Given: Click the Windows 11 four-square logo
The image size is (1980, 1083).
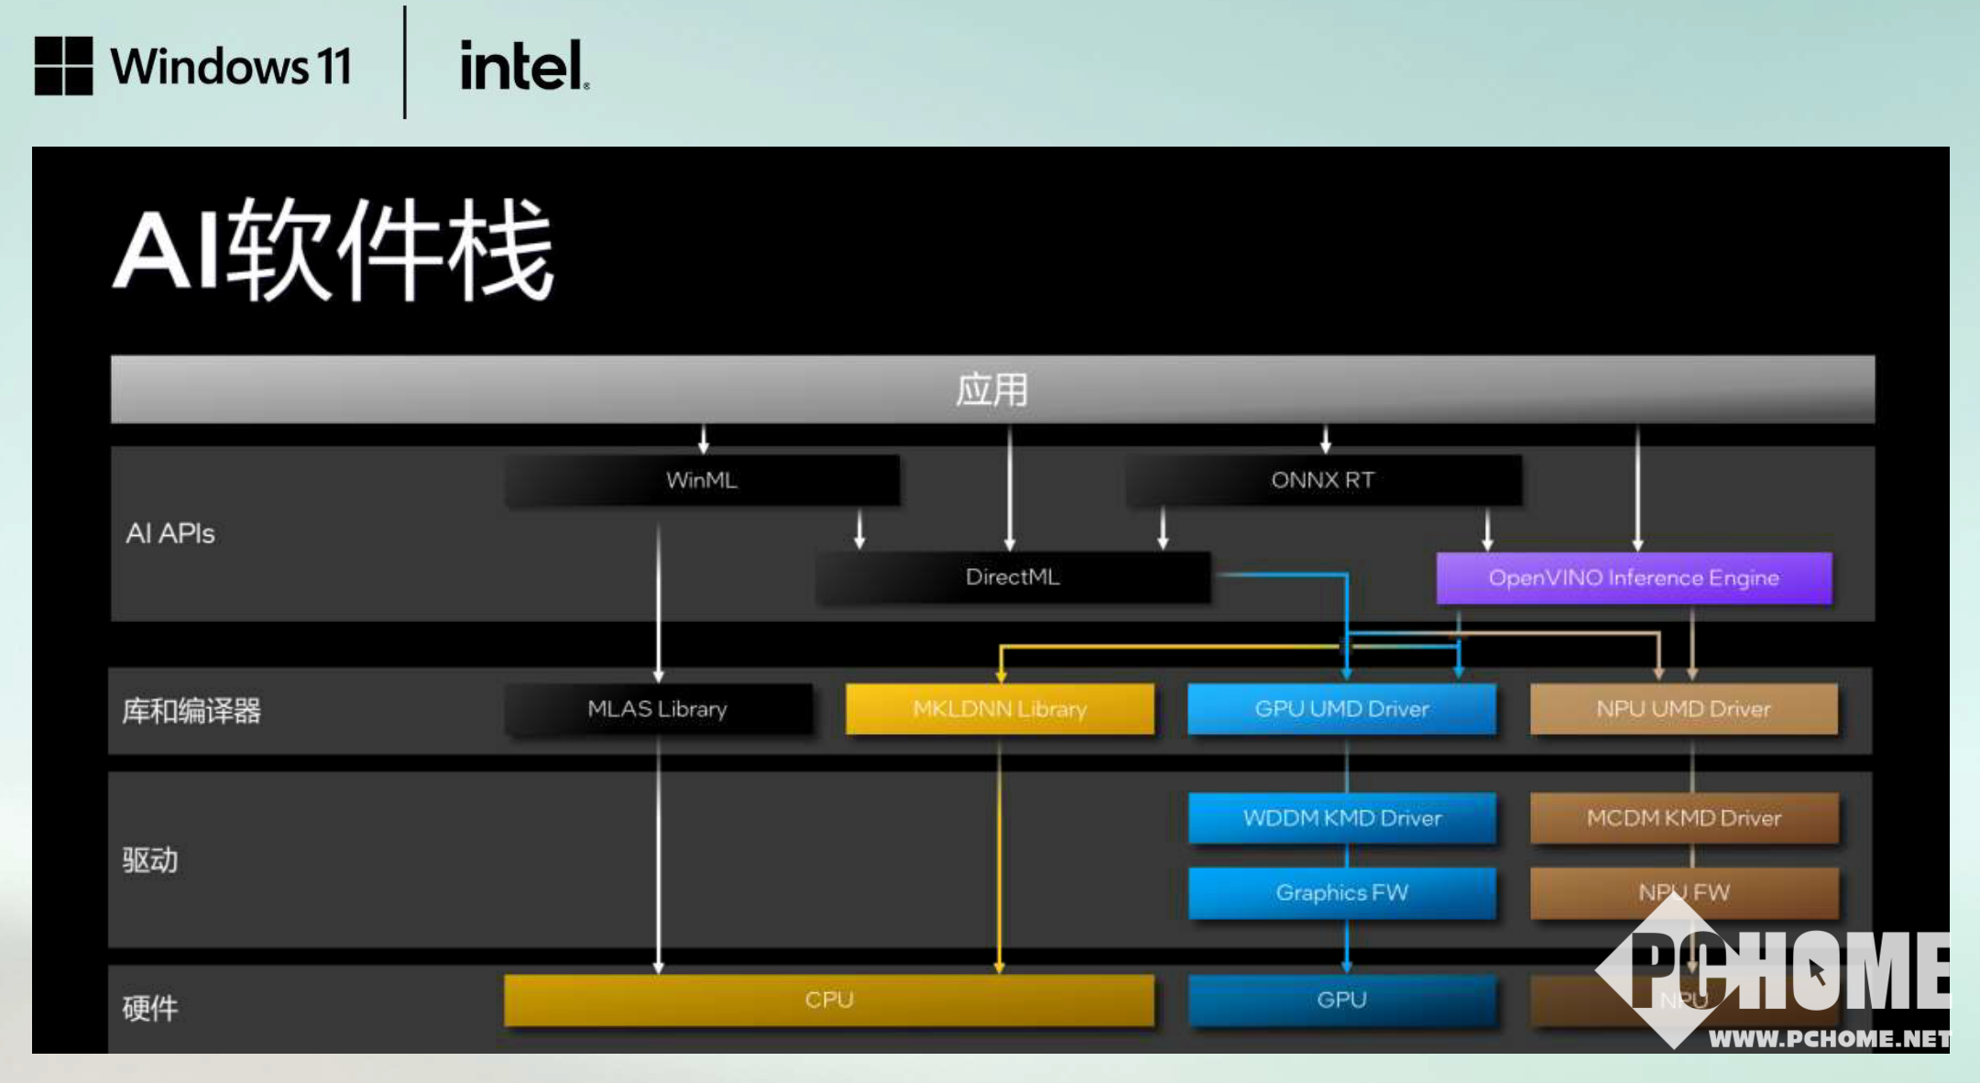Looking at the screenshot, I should tap(63, 66).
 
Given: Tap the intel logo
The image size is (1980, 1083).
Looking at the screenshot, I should tap(523, 66).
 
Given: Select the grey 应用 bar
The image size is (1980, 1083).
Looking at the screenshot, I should tap(992, 389).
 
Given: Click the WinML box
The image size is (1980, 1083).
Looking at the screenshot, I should tap(702, 480).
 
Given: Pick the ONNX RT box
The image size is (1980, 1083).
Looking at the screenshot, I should tap(1323, 480).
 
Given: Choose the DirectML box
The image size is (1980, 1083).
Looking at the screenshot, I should tap(1012, 577).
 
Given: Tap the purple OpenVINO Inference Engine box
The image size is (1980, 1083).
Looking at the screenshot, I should tap(1634, 578).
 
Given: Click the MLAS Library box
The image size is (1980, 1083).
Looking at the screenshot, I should tap(658, 709).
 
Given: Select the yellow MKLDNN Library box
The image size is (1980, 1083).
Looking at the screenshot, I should tap(1000, 709).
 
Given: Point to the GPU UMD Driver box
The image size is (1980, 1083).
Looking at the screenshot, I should tap(1341, 709).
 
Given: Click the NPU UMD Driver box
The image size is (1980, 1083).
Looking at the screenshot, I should tap(1683, 709).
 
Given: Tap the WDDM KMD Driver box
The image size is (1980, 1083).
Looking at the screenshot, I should tap(1341, 817).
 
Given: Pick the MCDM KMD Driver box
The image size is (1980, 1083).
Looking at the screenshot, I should tap(1683, 817).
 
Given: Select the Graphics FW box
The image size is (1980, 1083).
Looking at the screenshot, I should tap(1341, 892).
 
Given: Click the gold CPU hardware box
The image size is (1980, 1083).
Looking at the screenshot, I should tap(828, 1000).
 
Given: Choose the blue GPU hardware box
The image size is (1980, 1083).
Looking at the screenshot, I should tap(1341, 1000).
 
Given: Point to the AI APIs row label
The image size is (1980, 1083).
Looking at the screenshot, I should tap(170, 533).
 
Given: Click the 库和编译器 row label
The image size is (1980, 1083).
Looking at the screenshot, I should tap(191, 711).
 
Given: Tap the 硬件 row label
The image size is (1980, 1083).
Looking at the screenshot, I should tap(150, 1008).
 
